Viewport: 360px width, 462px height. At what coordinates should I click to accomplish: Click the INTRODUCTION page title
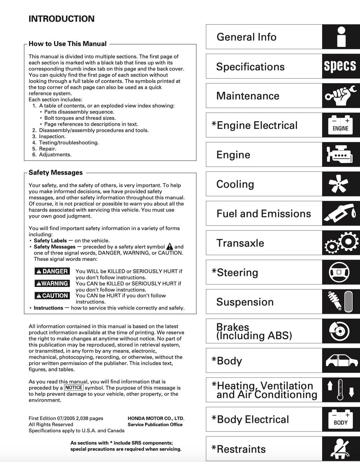[x=62, y=19]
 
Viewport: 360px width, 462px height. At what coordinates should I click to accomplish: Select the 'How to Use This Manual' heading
[x=67, y=44]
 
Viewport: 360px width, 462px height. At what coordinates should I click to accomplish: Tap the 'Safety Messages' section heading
[x=55, y=172]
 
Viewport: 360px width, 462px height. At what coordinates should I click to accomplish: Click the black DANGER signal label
[x=52, y=271]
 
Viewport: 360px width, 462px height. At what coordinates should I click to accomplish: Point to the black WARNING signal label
[x=52, y=283]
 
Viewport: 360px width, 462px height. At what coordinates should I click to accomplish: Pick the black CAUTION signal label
[x=52, y=295]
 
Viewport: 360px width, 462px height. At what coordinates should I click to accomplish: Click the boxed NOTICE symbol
[x=73, y=388]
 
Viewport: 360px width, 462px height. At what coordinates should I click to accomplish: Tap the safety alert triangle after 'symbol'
[x=170, y=247]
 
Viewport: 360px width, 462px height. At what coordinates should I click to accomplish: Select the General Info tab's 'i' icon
[x=341, y=37]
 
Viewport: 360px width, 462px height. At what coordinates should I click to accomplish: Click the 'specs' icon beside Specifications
[x=340, y=66]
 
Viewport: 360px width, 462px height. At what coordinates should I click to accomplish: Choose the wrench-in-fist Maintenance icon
[x=340, y=96]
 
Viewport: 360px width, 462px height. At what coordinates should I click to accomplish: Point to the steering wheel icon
[x=339, y=272]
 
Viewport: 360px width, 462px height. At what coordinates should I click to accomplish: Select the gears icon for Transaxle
[x=341, y=243]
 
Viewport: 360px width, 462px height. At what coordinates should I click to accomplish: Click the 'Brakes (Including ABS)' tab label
[x=254, y=331]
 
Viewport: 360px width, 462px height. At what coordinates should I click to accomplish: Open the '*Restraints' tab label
[x=239, y=449]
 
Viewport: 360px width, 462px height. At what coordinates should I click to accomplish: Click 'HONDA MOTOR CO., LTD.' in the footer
[x=156, y=418]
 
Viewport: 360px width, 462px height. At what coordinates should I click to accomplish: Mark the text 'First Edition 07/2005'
[x=51, y=418]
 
